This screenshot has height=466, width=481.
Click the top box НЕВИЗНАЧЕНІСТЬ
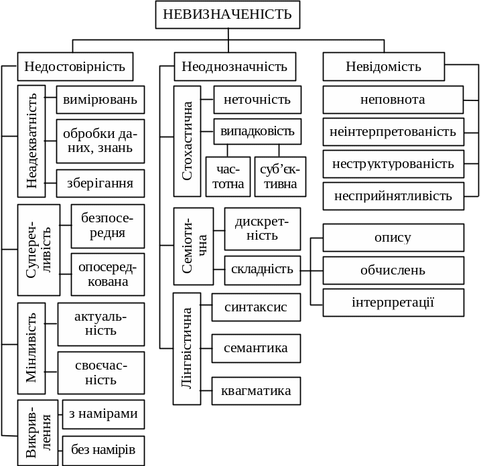[228, 15]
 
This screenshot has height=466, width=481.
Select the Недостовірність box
[75, 66]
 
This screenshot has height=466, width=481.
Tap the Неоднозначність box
[234, 66]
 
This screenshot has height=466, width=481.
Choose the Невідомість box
[384, 66]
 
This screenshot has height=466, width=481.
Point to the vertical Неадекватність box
[31, 141]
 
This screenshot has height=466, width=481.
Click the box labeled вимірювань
[100, 100]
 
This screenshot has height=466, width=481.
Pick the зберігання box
[100, 183]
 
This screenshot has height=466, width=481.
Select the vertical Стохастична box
[187, 141]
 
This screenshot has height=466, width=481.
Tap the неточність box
[257, 100]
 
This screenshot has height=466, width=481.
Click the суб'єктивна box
[280, 177]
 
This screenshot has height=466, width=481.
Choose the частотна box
[228, 177]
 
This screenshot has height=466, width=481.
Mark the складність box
[262, 269]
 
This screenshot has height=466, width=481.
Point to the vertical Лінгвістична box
[187, 348]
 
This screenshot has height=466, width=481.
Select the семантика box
[256, 348]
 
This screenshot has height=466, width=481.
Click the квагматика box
[256, 390]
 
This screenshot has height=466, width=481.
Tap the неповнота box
[393, 100]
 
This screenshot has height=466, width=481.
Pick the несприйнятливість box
[393, 196]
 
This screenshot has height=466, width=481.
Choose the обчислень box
[393, 270]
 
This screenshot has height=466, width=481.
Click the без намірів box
[103, 449]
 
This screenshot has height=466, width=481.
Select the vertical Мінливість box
[31, 348]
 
